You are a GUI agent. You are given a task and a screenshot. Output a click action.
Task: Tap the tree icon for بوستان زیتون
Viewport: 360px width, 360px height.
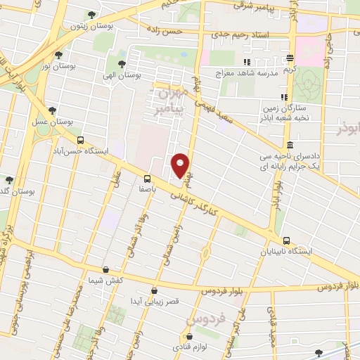click(91, 15)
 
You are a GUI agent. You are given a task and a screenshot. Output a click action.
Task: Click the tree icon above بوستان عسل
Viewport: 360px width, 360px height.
click(52, 110)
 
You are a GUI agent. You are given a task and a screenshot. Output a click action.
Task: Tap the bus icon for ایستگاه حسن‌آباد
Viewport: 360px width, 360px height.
click(80, 140)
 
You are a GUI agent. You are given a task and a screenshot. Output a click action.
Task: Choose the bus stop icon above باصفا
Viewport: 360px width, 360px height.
click(147, 178)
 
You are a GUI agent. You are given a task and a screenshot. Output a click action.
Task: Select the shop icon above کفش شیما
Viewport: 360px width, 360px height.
click(105, 269)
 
